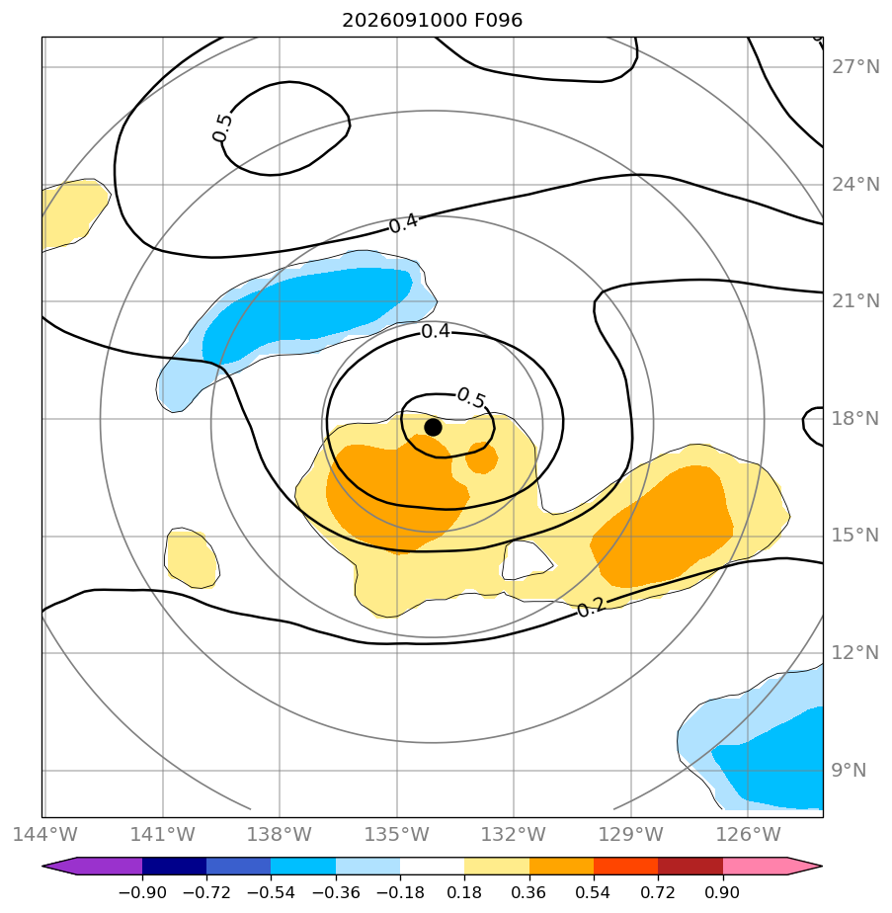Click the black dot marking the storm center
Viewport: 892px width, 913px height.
(433, 427)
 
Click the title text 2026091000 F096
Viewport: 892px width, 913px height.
(432, 21)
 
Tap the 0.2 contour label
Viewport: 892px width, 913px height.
(592, 608)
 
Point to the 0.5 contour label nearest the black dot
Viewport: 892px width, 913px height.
(471, 398)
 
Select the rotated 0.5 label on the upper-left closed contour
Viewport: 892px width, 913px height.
(222, 127)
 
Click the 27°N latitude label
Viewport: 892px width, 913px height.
(854, 67)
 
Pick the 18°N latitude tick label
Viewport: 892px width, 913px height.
(854, 418)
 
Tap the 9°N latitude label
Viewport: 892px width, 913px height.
(849, 770)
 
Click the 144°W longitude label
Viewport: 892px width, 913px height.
(44, 834)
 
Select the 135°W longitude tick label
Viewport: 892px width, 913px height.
(396, 834)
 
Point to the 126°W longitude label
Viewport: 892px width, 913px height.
(748, 834)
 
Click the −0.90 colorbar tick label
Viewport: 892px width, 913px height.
(142, 892)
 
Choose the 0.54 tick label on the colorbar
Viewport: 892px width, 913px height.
(593, 892)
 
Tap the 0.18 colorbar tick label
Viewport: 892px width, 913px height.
(464, 892)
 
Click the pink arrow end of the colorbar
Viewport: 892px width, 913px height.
(772, 866)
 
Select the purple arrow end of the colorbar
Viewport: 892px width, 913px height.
(93, 866)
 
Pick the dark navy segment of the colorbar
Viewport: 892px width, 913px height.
(175, 866)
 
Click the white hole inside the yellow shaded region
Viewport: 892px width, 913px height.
(526, 560)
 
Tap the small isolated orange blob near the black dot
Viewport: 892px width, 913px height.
(481, 457)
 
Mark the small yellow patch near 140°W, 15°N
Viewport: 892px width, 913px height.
(192, 558)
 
